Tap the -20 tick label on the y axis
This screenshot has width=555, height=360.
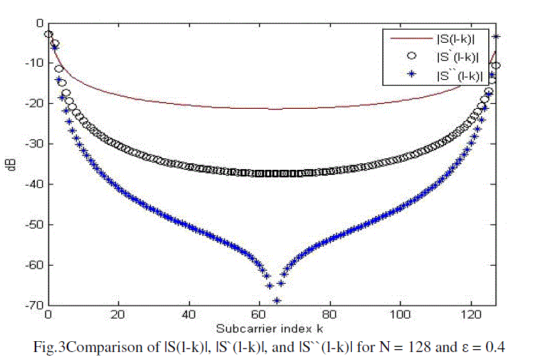pos(34,104)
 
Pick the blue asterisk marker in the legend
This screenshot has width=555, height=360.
pos(411,73)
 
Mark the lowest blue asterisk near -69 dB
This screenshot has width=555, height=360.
pos(276,300)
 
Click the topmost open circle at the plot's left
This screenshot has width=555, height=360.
pos(48,34)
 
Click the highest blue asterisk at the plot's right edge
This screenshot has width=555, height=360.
pos(496,36)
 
